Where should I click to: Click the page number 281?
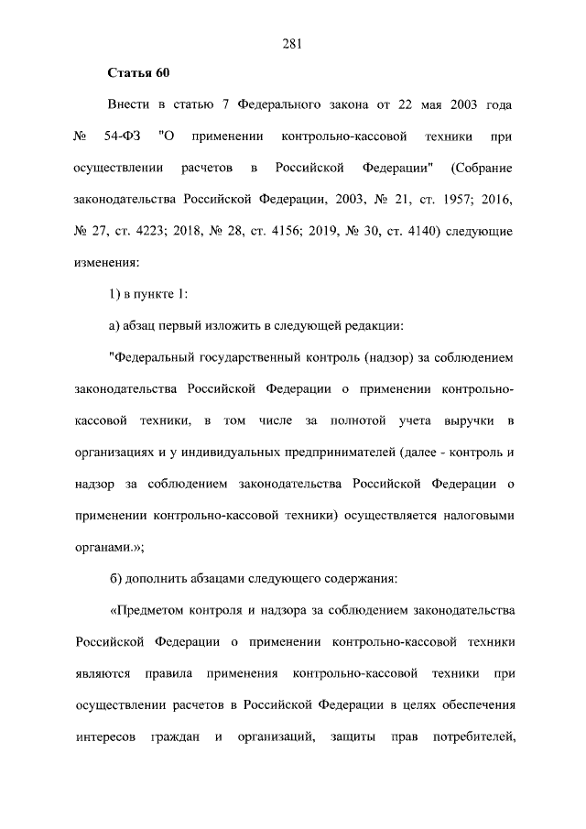pos(293,42)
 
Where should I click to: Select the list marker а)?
pos(114,325)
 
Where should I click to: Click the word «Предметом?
pos(149,610)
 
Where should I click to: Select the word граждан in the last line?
pos(174,736)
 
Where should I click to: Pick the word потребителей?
pos(474,736)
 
